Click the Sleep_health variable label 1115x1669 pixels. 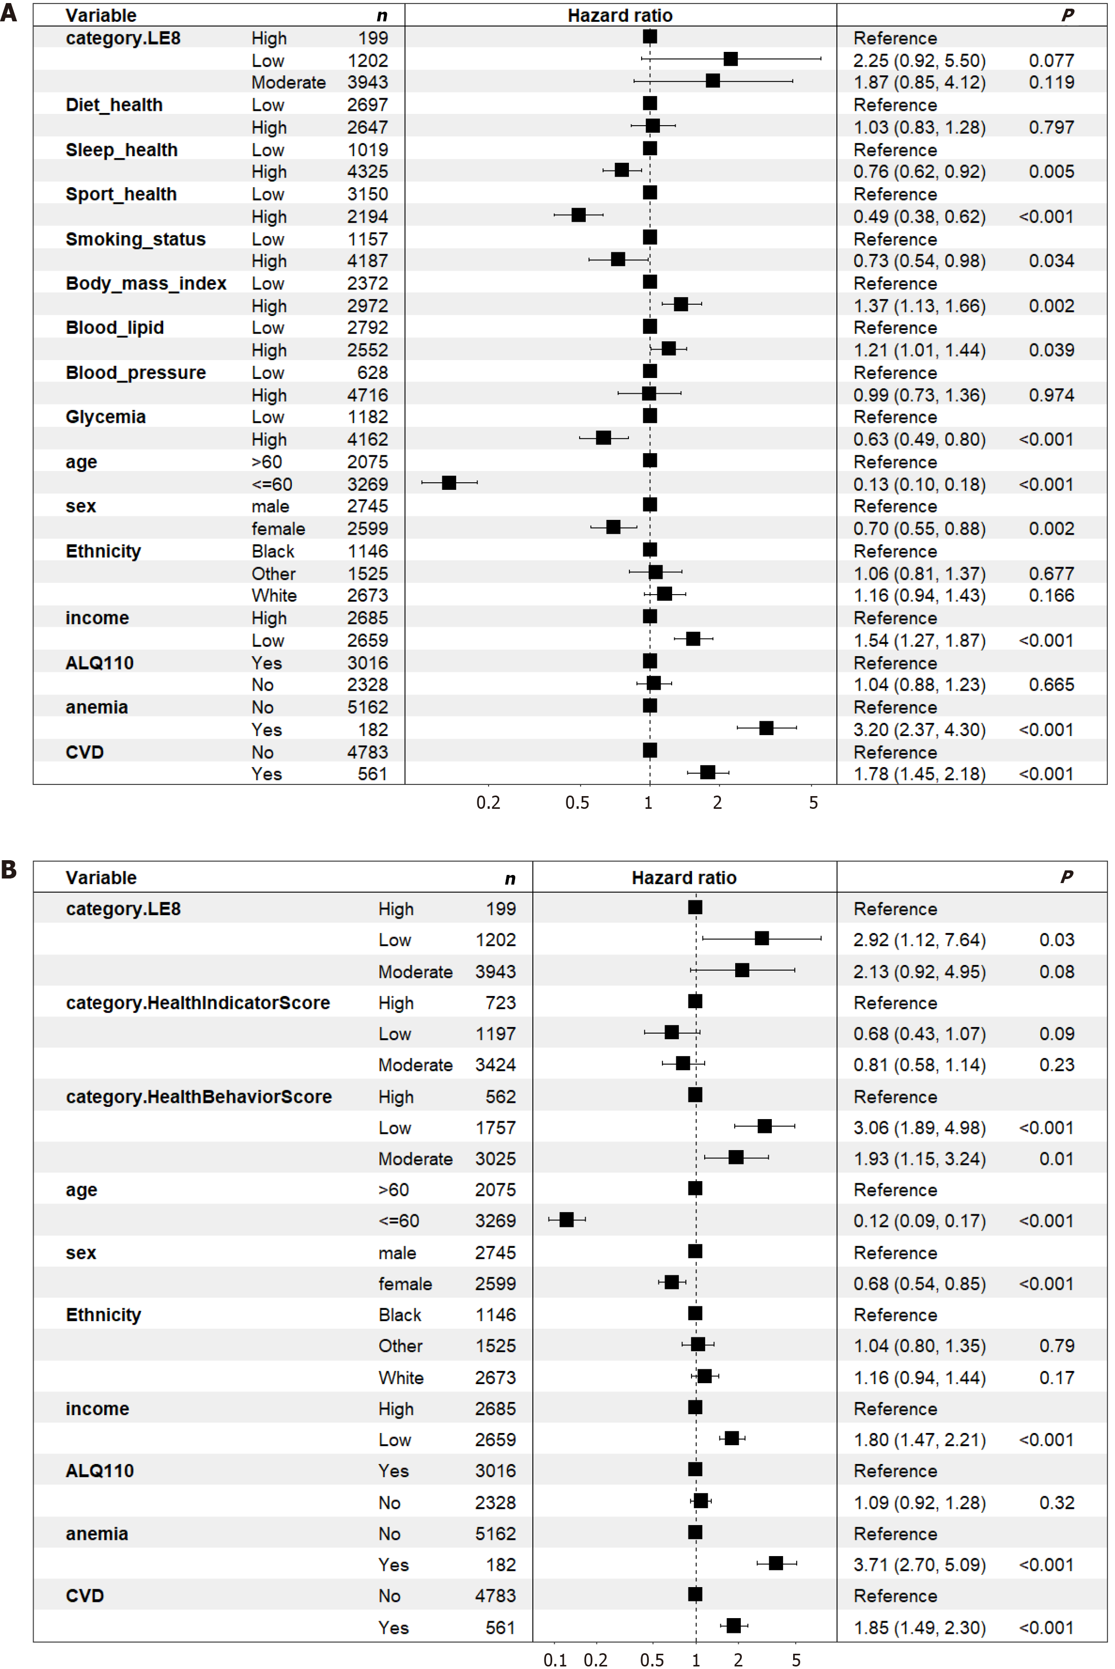[122, 150]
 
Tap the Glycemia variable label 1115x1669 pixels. [105, 417]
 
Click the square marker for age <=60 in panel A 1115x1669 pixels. [449, 483]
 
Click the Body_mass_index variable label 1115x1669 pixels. [146, 283]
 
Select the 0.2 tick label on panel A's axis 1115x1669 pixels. [489, 803]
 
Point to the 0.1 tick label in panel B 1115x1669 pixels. [555, 1660]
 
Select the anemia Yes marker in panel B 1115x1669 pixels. [776, 1563]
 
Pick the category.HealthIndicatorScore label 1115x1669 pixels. [198, 1003]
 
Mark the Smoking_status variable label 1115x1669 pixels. [136, 239]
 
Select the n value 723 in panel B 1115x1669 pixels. [501, 1003]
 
